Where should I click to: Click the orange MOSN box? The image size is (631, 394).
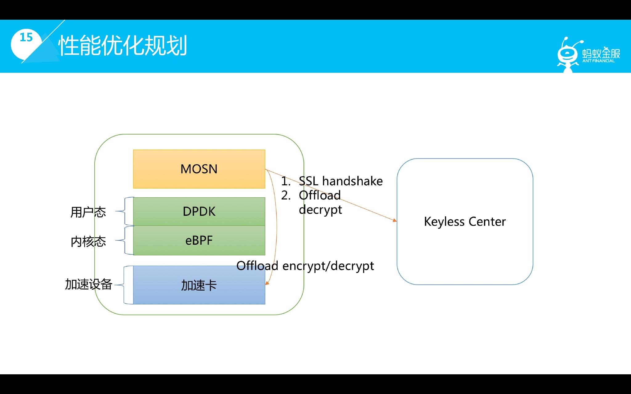(x=199, y=169)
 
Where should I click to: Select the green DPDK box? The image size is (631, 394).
(x=199, y=211)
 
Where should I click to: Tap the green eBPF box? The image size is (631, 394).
(x=199, y=240)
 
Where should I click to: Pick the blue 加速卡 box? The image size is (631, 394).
(x=199, y=285)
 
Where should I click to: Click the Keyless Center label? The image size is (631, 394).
(x=465, y=222)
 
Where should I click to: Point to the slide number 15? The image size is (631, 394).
(x=26, y=37)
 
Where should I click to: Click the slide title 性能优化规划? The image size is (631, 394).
(x=123, y=46)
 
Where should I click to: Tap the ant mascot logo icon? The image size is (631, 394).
(x=567, y=55)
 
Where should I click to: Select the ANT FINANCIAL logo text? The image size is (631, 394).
(x=598, y=61)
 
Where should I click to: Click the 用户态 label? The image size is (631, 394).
(x=88, y=212)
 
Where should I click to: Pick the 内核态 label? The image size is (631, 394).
(x=88, y=242)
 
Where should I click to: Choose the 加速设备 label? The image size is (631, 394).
(x=88, y=284)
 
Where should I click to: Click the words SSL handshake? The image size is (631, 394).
(x=340, y=181)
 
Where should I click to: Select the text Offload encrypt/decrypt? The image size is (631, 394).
(x=305, y=266)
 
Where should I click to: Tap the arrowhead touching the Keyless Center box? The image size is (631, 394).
(x=395, y=220)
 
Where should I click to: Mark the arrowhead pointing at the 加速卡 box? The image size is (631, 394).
(x=267, y=283)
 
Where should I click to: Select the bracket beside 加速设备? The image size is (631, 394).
(x=124, y=285)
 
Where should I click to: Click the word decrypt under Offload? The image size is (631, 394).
(x=320, y=210)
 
